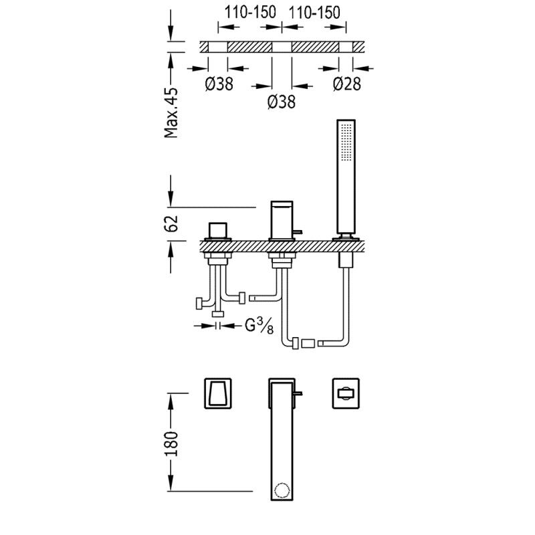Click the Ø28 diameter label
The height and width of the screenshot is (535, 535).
(346, 84)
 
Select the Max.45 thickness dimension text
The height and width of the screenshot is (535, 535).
(171, 113)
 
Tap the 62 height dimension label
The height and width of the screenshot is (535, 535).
(171, 223)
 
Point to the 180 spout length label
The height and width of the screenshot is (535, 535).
(171, 443)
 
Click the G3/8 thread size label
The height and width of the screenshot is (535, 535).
(259, 326)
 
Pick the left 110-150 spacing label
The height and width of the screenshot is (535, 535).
(250, 13)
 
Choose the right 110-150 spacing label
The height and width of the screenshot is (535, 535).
(314, 13)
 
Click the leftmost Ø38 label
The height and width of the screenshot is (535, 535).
(219, 84)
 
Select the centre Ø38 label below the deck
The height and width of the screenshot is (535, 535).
(282, 102)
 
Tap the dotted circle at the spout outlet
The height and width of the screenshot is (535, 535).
(282, 491)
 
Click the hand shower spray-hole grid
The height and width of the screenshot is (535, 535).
(346, 142)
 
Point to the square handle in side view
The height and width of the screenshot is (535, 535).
(218, 231)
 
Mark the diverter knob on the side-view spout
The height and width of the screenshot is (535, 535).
(298, 232)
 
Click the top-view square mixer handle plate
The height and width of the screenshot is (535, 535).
(218, 393)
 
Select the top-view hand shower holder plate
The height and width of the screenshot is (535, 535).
(346, 393)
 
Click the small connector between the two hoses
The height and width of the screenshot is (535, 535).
(308, 343)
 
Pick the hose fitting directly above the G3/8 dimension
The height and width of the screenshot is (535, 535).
(218, 314)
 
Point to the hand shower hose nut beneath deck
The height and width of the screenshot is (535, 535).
(346, 260)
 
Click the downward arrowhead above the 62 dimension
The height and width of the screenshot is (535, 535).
(171, 199)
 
